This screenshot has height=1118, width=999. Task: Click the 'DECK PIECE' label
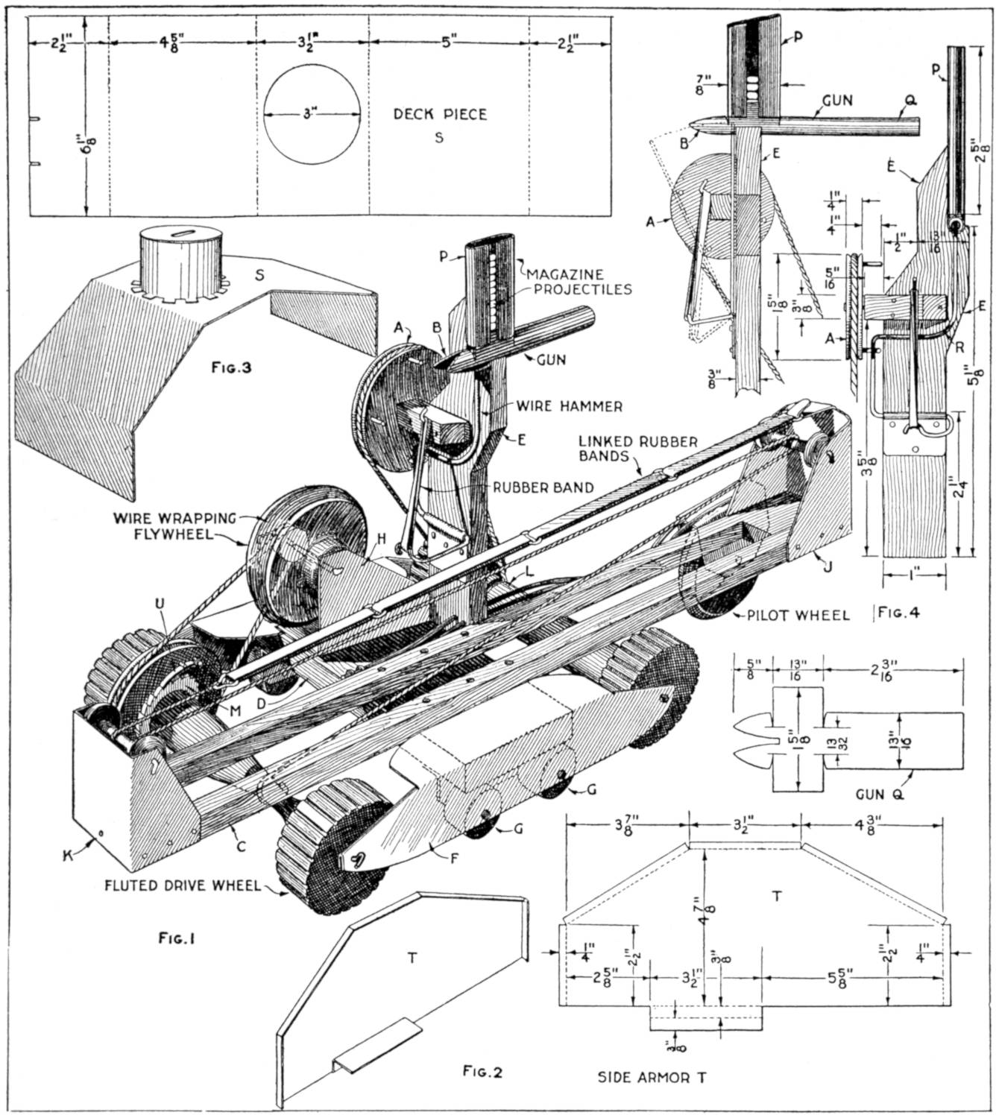point(440,114)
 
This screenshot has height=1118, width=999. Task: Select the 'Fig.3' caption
point(232,367)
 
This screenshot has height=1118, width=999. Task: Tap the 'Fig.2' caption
point(482,1073)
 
